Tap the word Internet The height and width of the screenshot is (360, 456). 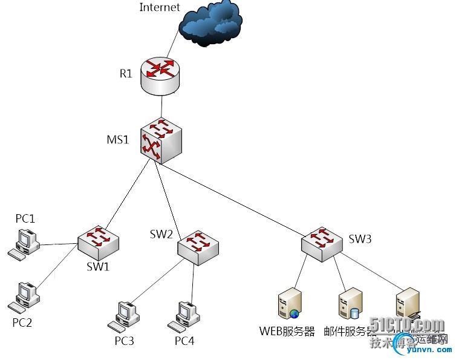click(x=160, y=7)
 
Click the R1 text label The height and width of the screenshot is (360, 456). click(x=125, y=74)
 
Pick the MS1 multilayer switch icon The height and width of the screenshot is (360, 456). click(x=161, y=142)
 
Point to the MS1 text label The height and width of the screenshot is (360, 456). click(x=118, y=140)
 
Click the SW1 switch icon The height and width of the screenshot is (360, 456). click(x=98, y=241)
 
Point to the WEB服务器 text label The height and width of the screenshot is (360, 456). click(x=287, y=332)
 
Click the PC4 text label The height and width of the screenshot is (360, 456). click(x=184, y=341)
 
